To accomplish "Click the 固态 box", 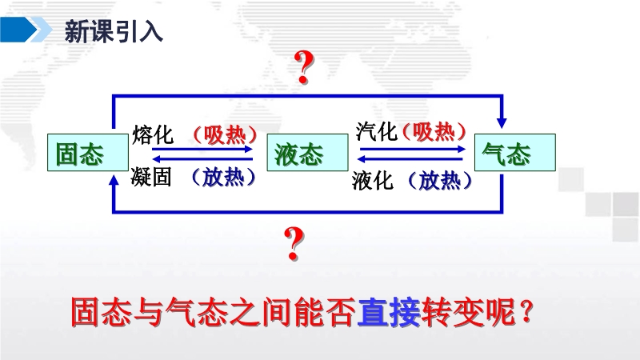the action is click(88, 152).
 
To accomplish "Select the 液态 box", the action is click(307, 152).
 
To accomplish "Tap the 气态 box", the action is click(514, 152).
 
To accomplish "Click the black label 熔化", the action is click(153, 134).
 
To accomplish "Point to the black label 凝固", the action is click(151, 178).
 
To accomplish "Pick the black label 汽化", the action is click(376, 131).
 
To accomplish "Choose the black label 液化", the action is click(373, 181).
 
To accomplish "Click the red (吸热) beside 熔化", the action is click(225, 134).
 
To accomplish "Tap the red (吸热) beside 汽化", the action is click(434, 131).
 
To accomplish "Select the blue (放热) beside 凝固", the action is click(223, 178).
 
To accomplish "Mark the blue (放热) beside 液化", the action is click(439, 181).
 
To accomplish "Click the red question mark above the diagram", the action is click(304, 67).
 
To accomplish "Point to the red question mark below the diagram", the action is click(294, 244).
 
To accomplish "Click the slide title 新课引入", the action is click(114, 31).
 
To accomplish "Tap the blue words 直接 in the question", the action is click(389, 312).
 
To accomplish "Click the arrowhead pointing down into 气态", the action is click(502, 123).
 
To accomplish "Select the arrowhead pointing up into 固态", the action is click(114, 180).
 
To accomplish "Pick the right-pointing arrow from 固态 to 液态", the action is click(202, 149).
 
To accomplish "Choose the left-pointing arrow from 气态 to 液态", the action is click(411, 158).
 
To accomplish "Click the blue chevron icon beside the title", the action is click(25, 30).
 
